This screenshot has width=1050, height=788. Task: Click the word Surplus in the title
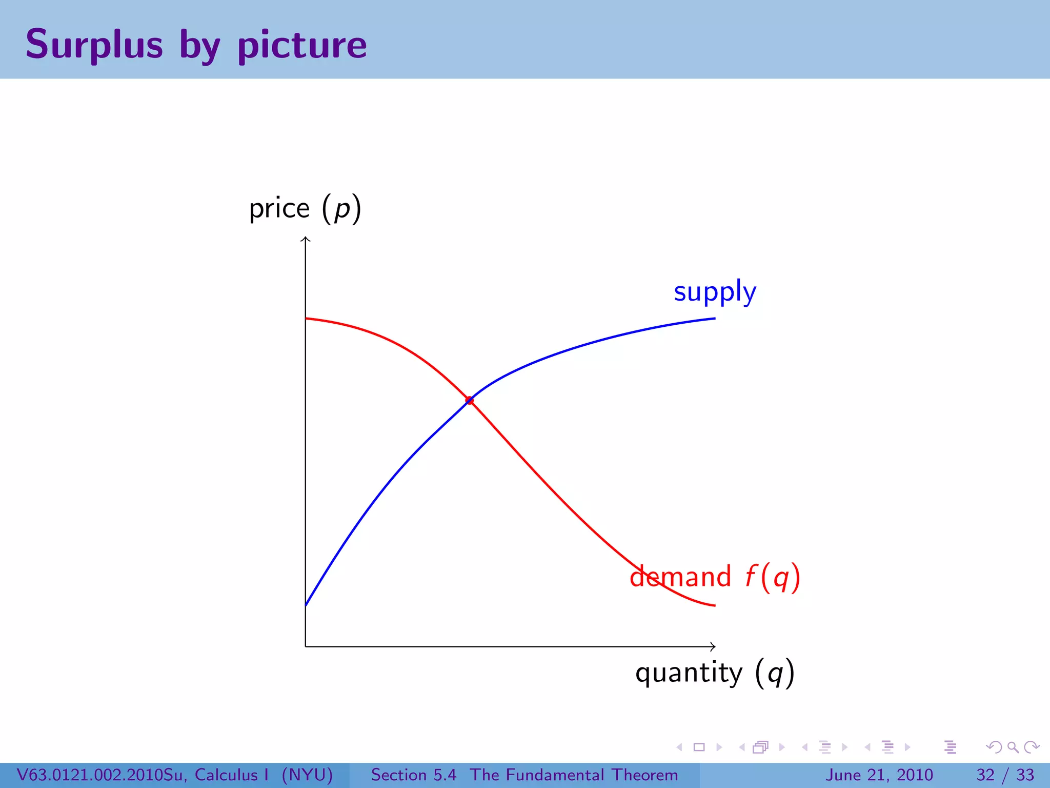pos(94,45)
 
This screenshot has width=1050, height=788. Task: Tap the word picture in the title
pos(302,46)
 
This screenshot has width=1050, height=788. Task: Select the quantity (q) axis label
pos(715,673)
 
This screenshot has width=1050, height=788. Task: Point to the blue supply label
pos(715,292)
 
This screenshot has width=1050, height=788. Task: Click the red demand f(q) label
pos(715,577)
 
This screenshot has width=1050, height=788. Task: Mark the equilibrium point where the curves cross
pos(470,400)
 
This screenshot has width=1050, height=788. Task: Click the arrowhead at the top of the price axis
pos(306,238)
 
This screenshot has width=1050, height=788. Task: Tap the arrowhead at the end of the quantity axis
pos(713,646)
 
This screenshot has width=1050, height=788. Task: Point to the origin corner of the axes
pos(306,646)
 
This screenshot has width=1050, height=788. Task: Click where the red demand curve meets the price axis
pos(306,319)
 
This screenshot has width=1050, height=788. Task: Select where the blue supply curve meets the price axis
pos(306,605)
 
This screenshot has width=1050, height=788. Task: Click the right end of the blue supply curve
pos(714,319)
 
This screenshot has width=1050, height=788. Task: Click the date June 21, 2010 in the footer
pos(879,775)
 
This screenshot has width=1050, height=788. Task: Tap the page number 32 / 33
pos(1005,775)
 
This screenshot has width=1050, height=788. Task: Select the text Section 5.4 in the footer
pos(413,775)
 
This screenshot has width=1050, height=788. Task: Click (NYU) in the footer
pos(307,775)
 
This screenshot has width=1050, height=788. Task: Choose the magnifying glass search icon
pos(1013,747)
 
